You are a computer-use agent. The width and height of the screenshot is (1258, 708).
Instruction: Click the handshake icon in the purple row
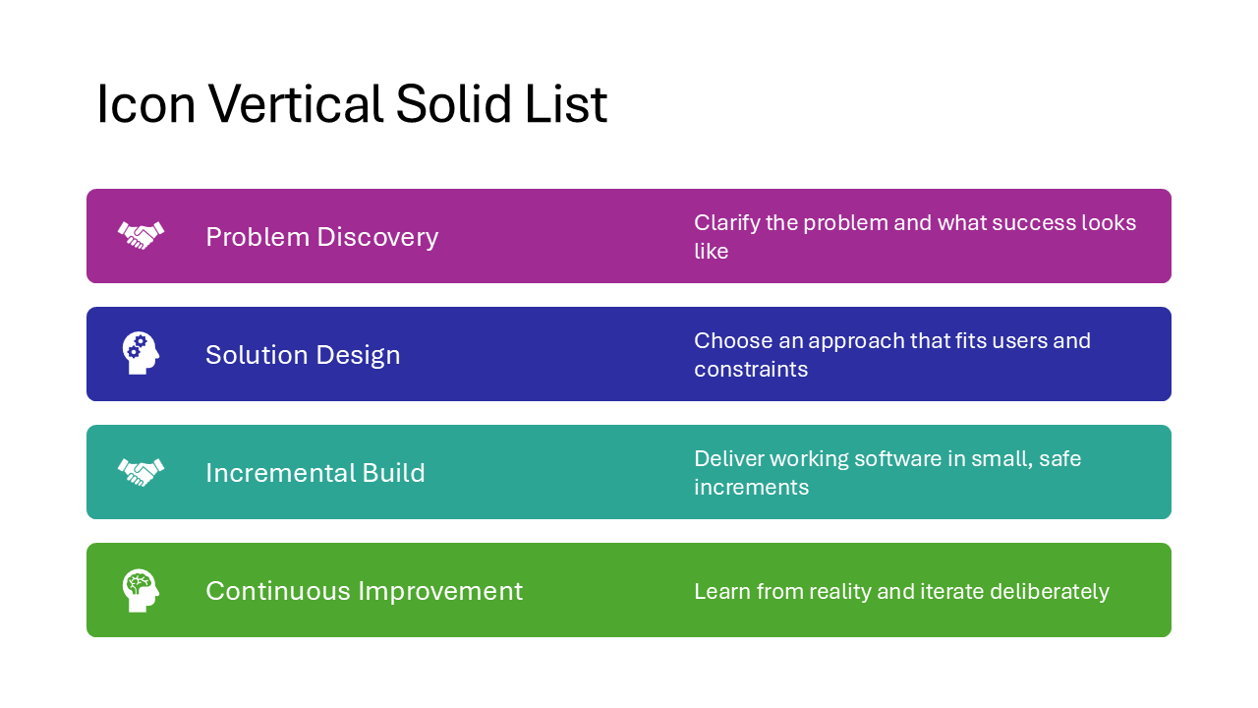pyautogui.click(x=141, y=236)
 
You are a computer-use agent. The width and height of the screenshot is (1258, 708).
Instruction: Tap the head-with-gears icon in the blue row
pyautogui.click(x=141, y=353)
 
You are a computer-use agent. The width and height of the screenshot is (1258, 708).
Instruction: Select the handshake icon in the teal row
pyautogui.click(x=141, y=472)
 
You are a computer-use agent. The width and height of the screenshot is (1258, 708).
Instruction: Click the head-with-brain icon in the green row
pyautogui.click(x=141, y=590)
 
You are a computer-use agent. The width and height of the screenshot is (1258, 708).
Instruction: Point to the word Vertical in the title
pyautogui.click(x=295, y=104)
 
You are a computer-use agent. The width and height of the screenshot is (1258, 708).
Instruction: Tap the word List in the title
pyautogui.click(x=565, y=104)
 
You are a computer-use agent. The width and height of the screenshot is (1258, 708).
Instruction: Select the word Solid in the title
pyautogui.click(x=453, y=104)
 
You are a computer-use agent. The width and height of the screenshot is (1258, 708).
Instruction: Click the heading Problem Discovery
pyautogui.click(x=321, y=237)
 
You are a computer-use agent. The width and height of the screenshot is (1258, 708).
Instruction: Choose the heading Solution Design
pyautogui.click(x=303, y=355)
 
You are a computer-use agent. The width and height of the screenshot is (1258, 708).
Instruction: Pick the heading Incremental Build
pyautogui.click(x=314, y=473)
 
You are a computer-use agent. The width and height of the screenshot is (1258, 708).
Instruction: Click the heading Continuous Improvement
pyautogui.click(x=364, y=591)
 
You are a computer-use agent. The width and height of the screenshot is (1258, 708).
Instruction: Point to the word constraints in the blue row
pyautogui.click(x=751, y=370)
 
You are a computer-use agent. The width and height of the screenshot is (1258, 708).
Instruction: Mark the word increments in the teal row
pyautogui.click(x=751, y=488)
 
